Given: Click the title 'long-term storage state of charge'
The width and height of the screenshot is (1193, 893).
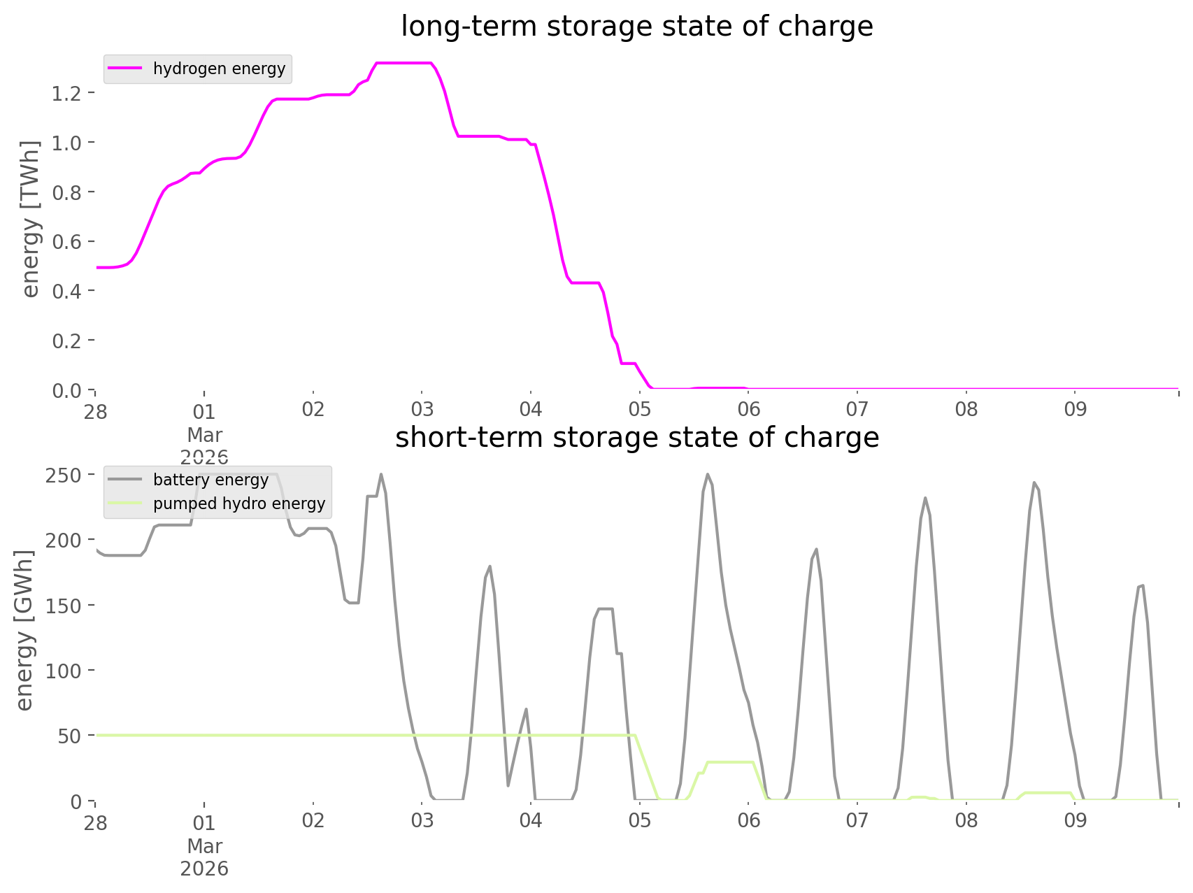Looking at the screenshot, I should click(x=636, y=27).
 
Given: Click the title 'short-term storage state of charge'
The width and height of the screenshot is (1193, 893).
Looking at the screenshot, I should click(x=636, y=438).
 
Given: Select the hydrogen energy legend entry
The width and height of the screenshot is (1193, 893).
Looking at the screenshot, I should click(x=219, y=69).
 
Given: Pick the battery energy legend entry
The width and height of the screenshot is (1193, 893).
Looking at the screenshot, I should click(x=210, y=480).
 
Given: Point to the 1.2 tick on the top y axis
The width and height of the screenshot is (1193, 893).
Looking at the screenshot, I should click(x=66, y=93).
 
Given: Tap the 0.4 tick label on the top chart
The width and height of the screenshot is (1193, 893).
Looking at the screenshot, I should click(x=66, y=291).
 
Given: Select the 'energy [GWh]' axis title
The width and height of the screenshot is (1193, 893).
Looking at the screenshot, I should click(x=25, y=630).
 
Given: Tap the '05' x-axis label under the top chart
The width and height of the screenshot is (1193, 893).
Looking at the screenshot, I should click(x=639, y=410).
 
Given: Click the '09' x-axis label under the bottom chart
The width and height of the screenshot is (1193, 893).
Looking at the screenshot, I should click(x=1076, y=821).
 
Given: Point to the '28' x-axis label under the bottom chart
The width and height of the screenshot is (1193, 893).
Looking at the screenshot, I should click(x=96, y=823).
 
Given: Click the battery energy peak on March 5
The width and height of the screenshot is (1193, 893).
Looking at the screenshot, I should click(x=708, y=474).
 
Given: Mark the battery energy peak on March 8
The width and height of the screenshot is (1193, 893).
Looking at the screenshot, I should click(x=1034, y=482).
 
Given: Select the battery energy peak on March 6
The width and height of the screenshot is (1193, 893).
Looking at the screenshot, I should click(x=816, y=549).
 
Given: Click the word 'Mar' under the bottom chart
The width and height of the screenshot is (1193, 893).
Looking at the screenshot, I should click(x=204, y=846).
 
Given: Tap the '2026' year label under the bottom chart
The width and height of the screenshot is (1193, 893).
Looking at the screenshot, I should click(x=204, y=869).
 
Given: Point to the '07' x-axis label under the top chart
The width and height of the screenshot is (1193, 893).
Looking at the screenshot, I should click(x=857, y=410).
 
